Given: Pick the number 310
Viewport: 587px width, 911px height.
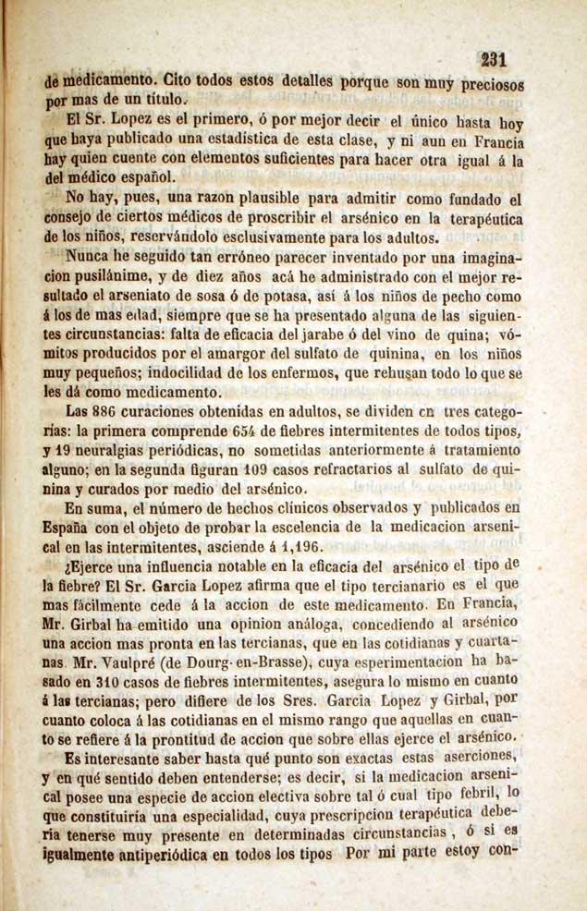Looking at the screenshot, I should [x=132, y=683].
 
